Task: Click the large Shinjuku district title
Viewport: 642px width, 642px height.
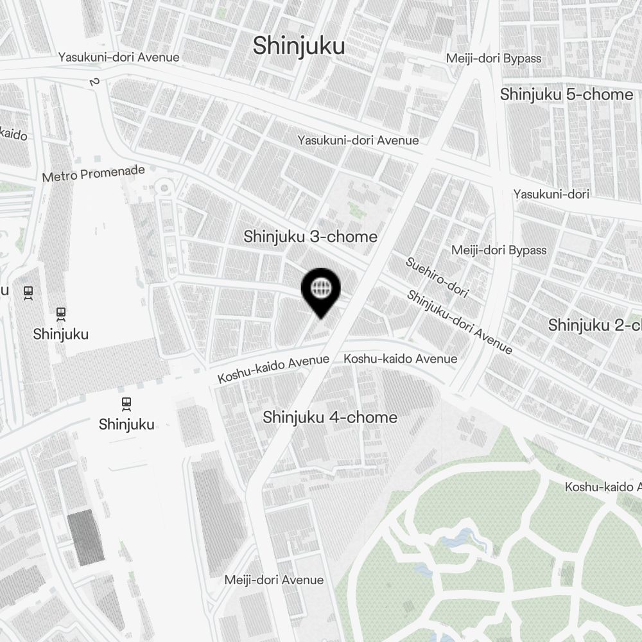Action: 299,46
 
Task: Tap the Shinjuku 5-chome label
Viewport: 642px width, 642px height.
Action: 566,94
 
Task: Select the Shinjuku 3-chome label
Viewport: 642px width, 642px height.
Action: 310,236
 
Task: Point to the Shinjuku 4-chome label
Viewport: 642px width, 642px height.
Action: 330,417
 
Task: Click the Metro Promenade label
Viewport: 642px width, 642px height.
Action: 93,173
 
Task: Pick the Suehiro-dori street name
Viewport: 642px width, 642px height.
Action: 437,277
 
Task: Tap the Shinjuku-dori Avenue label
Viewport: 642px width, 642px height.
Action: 460,322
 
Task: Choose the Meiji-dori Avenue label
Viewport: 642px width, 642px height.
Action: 274,580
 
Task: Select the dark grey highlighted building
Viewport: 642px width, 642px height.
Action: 85,539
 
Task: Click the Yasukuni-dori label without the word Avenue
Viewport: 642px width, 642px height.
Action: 551,193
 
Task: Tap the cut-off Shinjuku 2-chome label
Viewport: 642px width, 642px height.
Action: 594,325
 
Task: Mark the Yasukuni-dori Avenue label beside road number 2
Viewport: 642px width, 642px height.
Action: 119,57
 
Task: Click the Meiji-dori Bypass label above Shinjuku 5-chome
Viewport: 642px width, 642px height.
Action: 494,58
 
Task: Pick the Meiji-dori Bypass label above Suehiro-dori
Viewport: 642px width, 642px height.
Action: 499,250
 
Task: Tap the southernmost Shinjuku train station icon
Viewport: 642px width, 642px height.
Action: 126,404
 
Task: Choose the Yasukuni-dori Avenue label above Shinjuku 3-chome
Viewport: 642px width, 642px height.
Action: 358,140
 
